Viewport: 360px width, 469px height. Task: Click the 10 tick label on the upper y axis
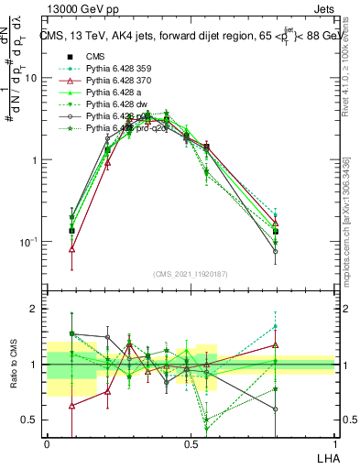click(31, 78)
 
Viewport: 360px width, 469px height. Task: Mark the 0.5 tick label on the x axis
click(191, 441)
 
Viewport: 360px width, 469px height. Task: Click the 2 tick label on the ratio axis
click(36, 309)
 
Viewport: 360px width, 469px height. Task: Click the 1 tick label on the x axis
click(334, 441)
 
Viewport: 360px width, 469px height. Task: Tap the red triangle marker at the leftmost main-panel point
click(71, 248)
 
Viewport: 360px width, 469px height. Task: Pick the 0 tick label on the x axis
click(47, 441)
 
